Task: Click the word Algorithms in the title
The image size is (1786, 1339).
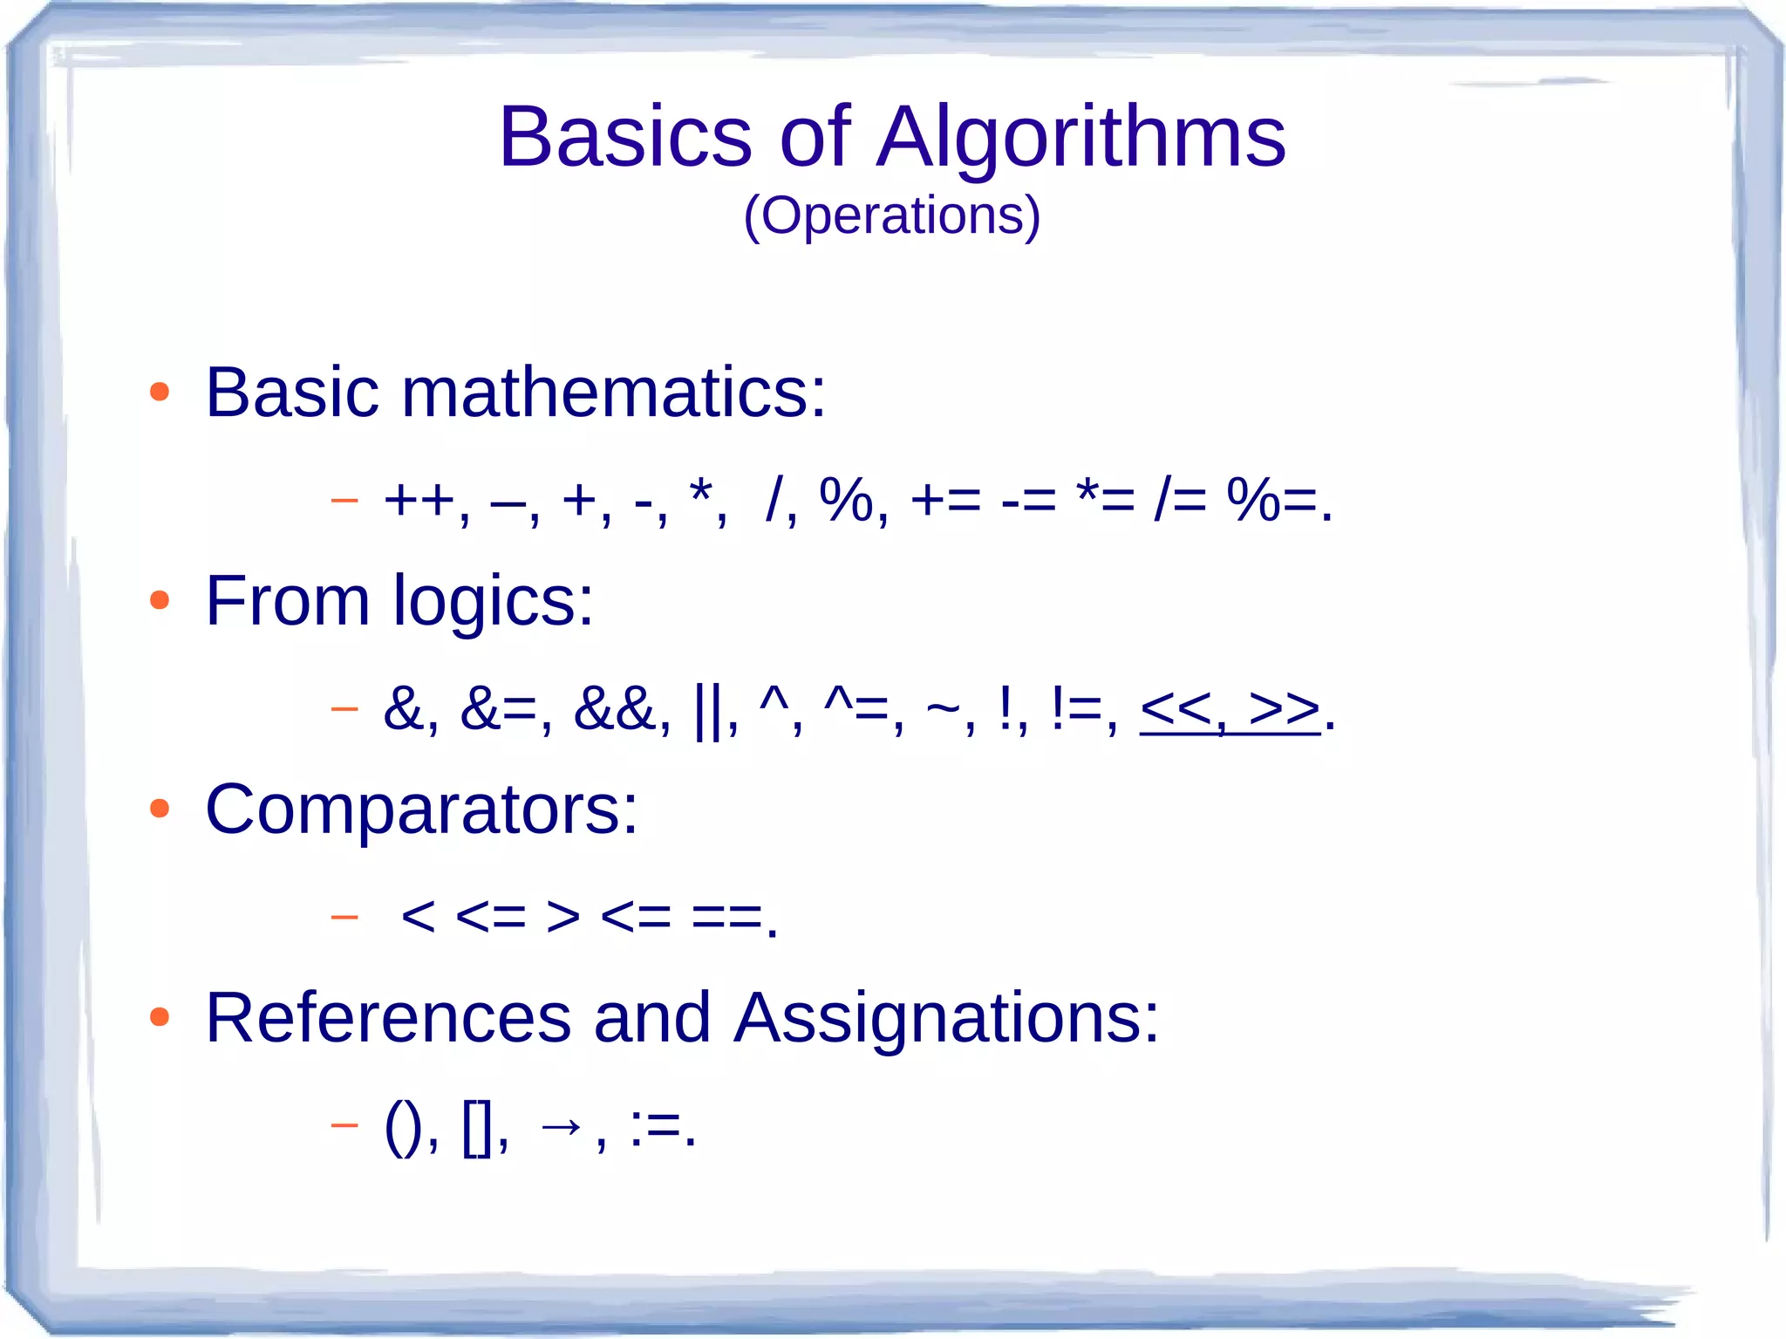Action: tap(1080, 138)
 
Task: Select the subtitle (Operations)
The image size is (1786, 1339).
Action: tap(891, 215)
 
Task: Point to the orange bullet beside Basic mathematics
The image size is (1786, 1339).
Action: tap(159, 393)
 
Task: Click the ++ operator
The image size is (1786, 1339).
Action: tap(419, 502)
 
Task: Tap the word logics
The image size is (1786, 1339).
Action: tap(493, 602)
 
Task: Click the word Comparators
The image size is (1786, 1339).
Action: tap(420, 810)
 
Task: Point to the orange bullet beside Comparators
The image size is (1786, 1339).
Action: tap(159, 809)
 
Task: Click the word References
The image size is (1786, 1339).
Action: tap(388, 1018)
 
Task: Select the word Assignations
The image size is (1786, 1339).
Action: tap(945, 1018)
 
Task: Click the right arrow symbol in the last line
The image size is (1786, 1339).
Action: tap(560, 1126)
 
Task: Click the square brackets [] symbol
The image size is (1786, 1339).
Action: tap(478, 1127)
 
